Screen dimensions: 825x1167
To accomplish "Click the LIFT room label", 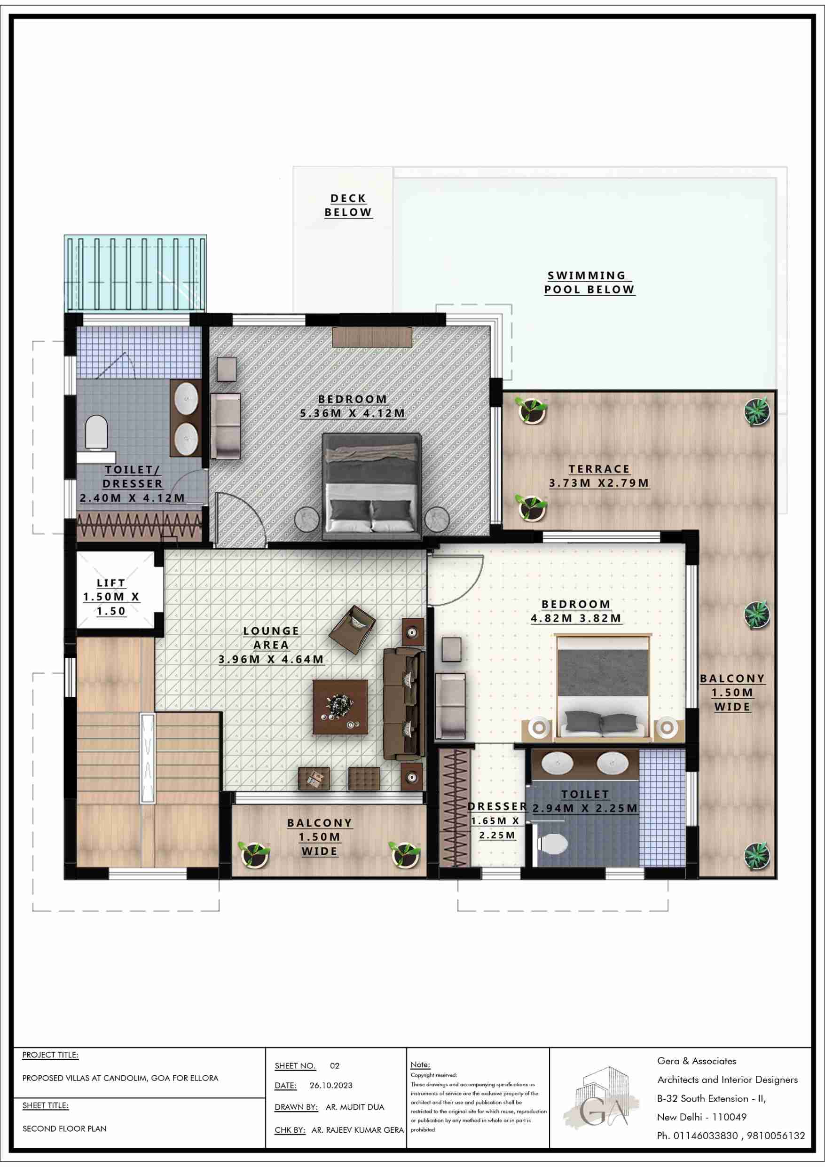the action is click(111, 583).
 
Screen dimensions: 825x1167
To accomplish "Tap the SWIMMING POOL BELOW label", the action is click(589, 283).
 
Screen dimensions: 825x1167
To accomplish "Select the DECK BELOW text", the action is click(348, 205).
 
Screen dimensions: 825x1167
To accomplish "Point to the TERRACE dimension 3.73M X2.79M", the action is click(599, 483).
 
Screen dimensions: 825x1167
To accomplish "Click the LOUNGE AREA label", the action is click(271, 638).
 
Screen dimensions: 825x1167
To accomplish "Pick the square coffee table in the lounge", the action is click(340, 707).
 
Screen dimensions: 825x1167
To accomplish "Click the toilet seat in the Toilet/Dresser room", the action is click(96, 433).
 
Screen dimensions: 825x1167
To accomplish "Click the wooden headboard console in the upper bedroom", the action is click(372, 338).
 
